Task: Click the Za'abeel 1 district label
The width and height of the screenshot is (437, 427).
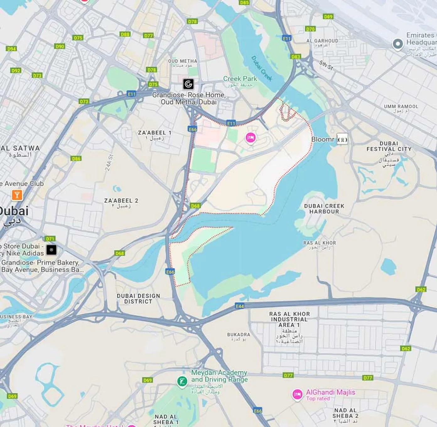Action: [154, 135]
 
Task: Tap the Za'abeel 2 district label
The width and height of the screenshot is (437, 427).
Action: [121, 203]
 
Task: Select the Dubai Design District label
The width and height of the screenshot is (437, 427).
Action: [138, 298]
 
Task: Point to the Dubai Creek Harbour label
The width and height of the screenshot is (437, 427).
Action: [324, 208]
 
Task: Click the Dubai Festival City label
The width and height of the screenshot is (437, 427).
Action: [389, 147]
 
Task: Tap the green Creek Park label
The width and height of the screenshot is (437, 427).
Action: [240, 79]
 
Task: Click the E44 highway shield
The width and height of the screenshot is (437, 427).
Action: [240, 306]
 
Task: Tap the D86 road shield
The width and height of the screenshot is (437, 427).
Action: [76, 158]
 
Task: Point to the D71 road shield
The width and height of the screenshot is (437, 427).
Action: [50, 238]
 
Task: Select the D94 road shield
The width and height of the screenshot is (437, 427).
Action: [11, 49]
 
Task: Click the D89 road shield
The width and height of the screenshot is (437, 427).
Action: [328, 17]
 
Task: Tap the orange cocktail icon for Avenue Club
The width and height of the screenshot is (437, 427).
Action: [17, 195]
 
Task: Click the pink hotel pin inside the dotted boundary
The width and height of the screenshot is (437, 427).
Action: [251, 137]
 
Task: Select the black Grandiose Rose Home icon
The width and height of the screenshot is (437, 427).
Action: [188, 84]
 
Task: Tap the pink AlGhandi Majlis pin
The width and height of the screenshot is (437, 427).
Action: [297, 394]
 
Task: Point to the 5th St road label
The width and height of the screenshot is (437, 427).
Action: [326, 65]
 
